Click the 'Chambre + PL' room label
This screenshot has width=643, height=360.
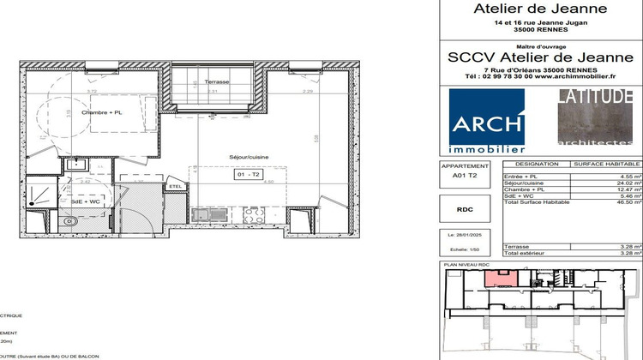click(x=102, y=112)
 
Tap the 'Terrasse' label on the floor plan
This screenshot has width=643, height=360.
click(x=217, y=82)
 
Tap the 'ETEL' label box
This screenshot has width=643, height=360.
click(x=175, y=186)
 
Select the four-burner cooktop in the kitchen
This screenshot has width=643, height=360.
click(x=253, y=215)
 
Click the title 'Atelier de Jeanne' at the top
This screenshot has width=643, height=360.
click(x=540, y=9)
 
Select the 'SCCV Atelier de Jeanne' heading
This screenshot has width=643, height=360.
click(x=540, y=56)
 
